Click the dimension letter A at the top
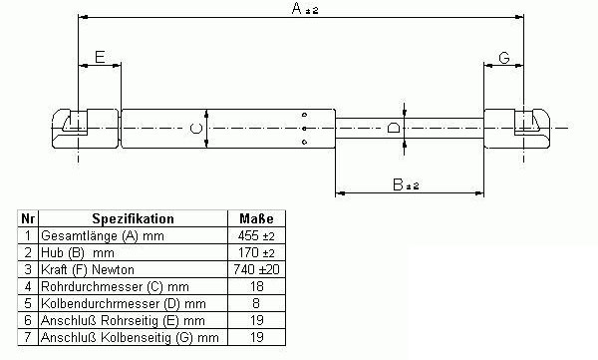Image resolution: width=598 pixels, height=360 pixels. pos(296,8)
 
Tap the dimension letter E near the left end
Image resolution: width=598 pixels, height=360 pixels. pos(100,57)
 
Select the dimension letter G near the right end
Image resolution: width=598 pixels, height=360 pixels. pos(504,58)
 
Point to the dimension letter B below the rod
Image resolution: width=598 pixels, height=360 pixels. pos(398,184)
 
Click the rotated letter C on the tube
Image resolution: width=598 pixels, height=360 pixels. pos(196,129)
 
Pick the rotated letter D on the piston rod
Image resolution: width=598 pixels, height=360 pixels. pos(394,128)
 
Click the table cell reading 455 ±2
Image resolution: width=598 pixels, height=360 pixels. pos(256,236)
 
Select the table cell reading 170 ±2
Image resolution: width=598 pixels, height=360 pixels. pos(256,252)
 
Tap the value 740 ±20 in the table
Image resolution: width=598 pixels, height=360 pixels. pos(256,269)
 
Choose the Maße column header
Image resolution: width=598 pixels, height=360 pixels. pos(256,218)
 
